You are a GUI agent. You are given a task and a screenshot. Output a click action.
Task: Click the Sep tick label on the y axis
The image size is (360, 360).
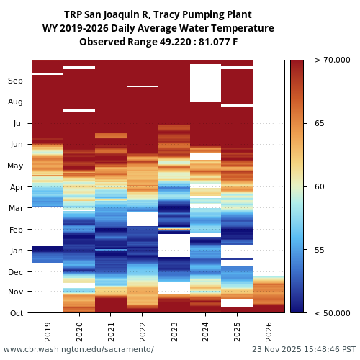[15, 81]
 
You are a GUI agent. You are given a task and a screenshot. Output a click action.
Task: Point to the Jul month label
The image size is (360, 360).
[16, 124]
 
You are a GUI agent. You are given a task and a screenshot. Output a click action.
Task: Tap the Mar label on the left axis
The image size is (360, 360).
[15, 209]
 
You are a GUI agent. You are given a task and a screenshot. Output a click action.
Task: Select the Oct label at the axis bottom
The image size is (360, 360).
[16, 313]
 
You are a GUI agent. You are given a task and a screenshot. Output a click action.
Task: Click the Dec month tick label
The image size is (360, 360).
[15, 272]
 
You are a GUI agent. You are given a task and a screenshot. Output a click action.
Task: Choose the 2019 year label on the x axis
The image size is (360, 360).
[48, 332]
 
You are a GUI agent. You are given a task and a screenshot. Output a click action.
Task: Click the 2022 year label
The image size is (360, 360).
[143, 332]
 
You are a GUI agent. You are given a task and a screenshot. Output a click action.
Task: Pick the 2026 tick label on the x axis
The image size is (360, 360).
[269, 332]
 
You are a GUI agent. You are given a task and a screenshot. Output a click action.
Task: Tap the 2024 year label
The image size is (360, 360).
[206, 332]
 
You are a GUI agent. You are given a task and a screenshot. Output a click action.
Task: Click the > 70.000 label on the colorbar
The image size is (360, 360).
[333, 61]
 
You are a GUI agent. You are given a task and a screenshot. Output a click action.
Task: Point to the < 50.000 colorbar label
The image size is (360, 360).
[333, 313]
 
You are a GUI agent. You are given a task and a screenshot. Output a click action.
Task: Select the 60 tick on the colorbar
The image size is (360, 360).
[320, 187]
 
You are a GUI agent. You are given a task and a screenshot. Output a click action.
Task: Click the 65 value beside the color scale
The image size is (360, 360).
[320, 124]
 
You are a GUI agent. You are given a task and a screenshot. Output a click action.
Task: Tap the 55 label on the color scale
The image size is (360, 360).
[320, 250]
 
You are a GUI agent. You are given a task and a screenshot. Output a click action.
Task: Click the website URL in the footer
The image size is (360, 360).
[78, 349]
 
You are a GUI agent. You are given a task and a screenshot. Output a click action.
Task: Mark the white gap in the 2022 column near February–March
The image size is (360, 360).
[143, 218]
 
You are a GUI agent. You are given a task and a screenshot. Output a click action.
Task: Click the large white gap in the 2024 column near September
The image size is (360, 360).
[205, 83]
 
